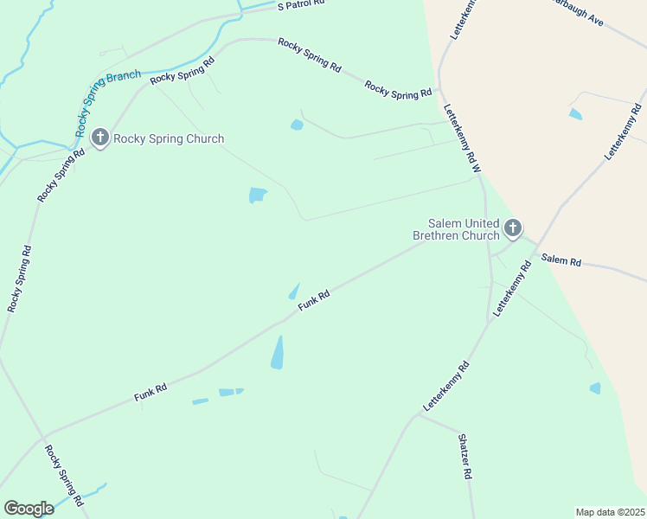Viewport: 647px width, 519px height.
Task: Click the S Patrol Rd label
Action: [x=301, y=4]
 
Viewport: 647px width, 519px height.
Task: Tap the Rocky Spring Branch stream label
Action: [x=108, y=103]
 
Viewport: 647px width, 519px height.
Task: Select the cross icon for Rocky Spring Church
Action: [x=100, y=138]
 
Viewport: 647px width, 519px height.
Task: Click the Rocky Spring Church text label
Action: [x=169, y=138]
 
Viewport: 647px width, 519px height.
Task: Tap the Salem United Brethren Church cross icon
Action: [x=513, y=228]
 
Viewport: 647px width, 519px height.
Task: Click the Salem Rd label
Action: [x=561, y=259]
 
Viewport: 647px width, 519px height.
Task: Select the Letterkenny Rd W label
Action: [x=461, y=138]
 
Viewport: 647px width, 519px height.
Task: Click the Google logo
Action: [x=29, y=509]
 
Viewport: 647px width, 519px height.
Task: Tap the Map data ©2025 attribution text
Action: [x=610, y=512]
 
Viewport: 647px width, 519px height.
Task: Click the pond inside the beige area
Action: [x=575, y=113]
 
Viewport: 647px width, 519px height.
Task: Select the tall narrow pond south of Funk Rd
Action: [x=277, y=352]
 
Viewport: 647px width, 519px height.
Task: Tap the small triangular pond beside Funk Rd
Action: [x=294, y=292]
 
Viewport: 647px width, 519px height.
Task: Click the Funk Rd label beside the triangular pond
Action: [x=314, y=300]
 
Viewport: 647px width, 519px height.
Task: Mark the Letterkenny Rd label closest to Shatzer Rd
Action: [x=446, y=386]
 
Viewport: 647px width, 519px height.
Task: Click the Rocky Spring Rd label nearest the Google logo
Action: [x=64, y=476]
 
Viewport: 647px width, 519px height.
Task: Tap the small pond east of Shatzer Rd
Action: [x=595, y=388]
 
